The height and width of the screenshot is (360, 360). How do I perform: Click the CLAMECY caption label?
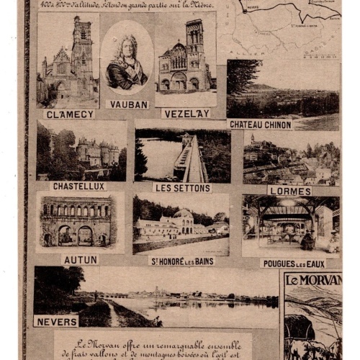[69, 114]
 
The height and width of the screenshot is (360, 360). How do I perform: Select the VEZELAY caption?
[186, 114]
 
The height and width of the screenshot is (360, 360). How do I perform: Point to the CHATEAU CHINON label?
[260, 125]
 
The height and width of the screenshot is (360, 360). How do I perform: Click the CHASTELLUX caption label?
[78, 186]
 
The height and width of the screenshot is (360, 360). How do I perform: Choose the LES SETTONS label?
[182, 188]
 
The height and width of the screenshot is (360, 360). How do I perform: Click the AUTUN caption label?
[81, 259]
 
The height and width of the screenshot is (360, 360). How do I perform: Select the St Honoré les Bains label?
[182, 261]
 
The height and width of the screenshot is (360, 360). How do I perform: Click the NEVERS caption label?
[55, 321]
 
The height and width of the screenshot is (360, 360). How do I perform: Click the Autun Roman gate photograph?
[77, 221]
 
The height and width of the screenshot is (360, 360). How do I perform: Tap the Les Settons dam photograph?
[182, 156]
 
